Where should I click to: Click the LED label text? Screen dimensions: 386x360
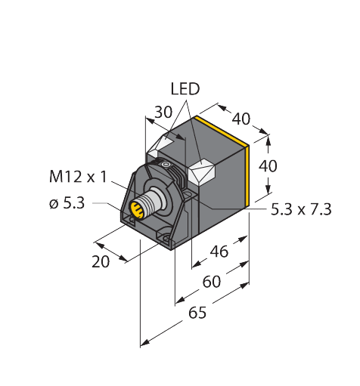click(184, 89)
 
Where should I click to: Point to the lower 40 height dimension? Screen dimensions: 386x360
click(268, 165)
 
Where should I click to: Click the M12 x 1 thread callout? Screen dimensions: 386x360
click(79, 178)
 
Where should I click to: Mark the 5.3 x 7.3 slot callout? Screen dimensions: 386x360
click(300, 210)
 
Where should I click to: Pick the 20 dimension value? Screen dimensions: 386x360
click(101, 262)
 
